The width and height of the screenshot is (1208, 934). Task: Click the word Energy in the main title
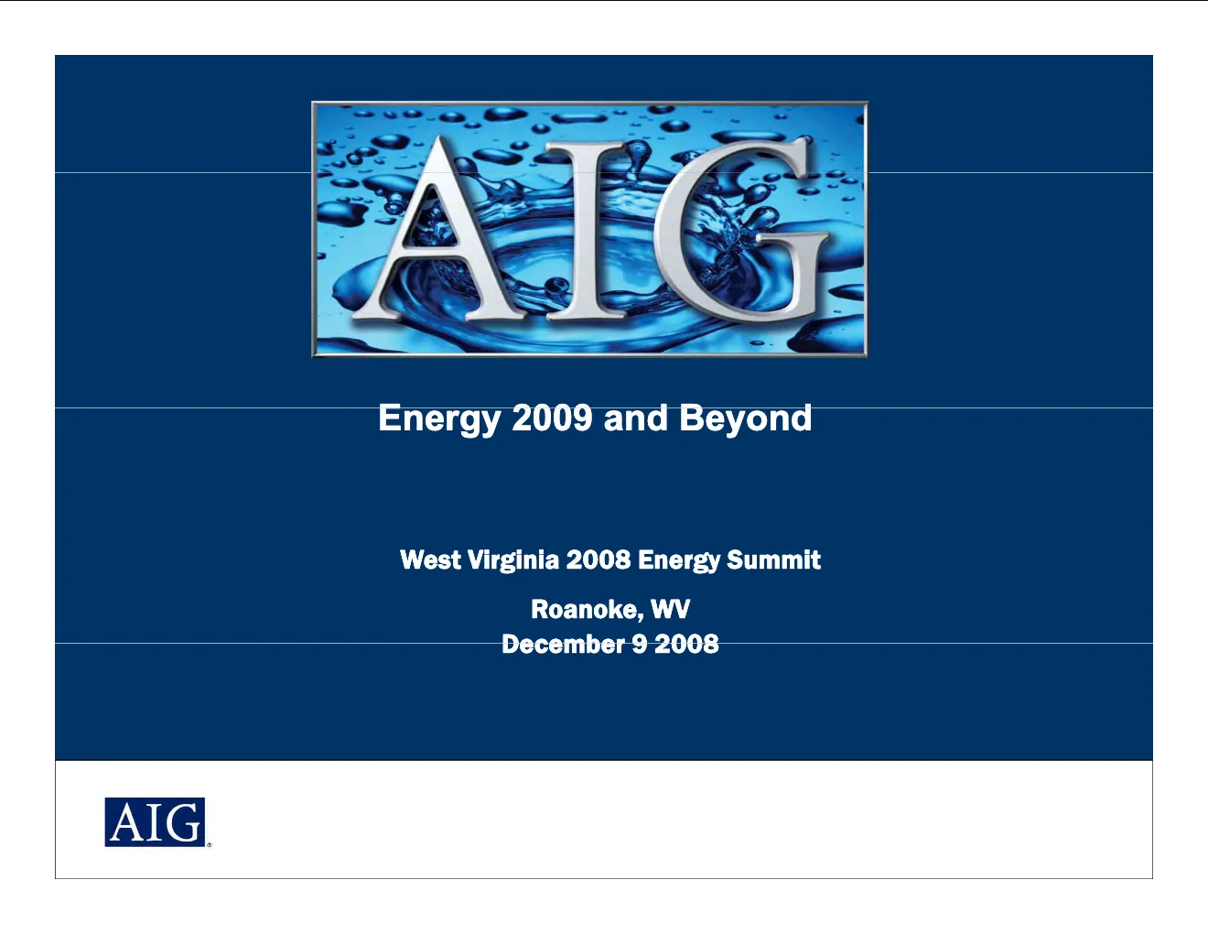[x=439, y=419]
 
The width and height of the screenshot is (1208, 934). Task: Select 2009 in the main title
[x=552, y=418]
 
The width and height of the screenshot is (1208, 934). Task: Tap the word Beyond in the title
[x=745, y=419]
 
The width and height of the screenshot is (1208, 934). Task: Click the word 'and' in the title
[x=635, y=418]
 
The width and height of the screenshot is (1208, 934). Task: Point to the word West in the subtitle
[x=430, y=559]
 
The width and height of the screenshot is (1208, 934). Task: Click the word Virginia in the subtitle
[x=513, y=560]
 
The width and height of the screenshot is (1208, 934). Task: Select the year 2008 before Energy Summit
[x=599, y=559]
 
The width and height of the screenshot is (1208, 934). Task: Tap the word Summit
[x=773, y=559]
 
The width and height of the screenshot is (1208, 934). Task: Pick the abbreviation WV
[x=671, y=609]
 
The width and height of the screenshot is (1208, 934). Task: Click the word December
[x=563, y=644]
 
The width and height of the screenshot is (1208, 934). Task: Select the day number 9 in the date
[x=640, y=644]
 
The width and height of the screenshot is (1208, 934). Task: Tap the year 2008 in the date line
[x=686, y=644]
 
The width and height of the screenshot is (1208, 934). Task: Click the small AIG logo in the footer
[x=155, y=822]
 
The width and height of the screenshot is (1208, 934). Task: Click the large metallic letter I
[x=587, y=231]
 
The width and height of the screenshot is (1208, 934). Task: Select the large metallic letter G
[x=739, y=231]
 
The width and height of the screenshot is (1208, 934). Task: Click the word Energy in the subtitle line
[x=679, y=560]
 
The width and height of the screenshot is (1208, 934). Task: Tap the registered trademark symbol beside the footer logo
[x=209, y=844]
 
